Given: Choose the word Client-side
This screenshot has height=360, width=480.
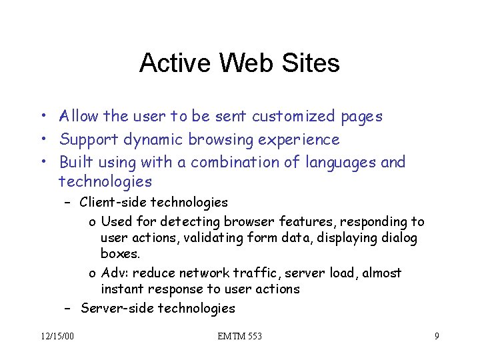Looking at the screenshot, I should [x=112, y=202].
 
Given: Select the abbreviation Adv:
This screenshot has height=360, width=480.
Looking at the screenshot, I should [x=113, y=273].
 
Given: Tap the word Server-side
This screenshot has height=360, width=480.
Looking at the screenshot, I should [x=114, y=308].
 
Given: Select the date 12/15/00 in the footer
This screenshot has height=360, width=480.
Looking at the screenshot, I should [x=57, y=336].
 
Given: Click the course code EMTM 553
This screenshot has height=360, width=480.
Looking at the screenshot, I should [x=239, y=336].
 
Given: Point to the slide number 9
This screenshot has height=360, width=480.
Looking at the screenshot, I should [x=437, y=336].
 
